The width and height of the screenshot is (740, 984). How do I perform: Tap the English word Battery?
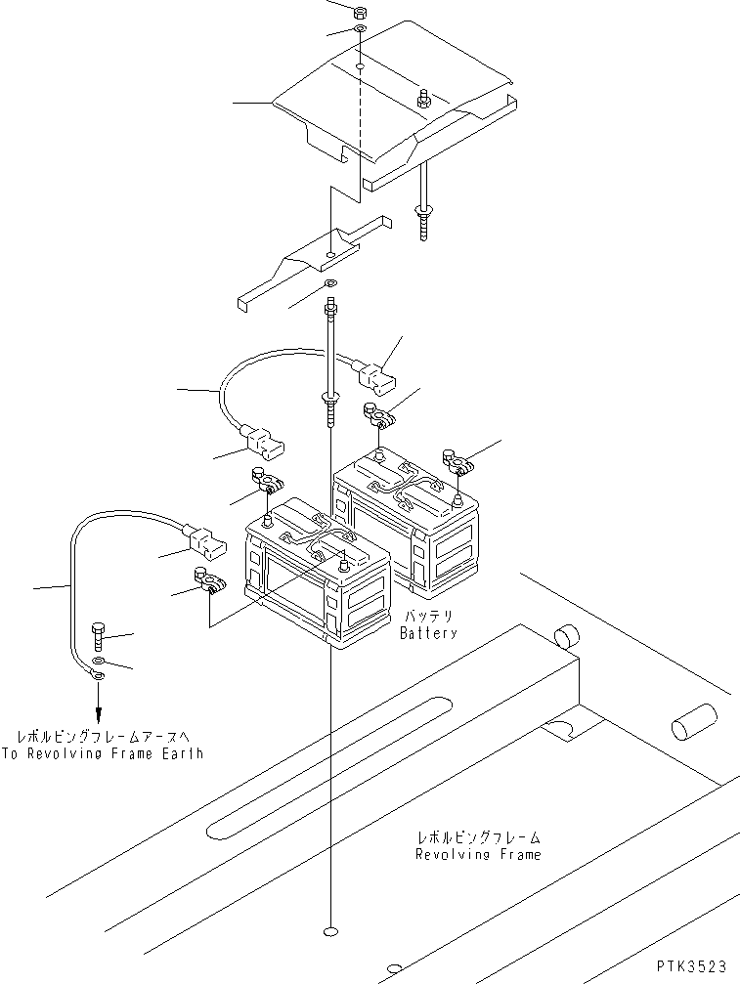point(427,633)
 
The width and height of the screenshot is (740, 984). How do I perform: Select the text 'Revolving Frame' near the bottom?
point(477,855)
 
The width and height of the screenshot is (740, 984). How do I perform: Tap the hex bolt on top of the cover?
point(423,99)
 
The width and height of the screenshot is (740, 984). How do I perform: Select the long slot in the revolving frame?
point(327,767)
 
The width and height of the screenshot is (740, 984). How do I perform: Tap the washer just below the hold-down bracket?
point(330,285)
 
